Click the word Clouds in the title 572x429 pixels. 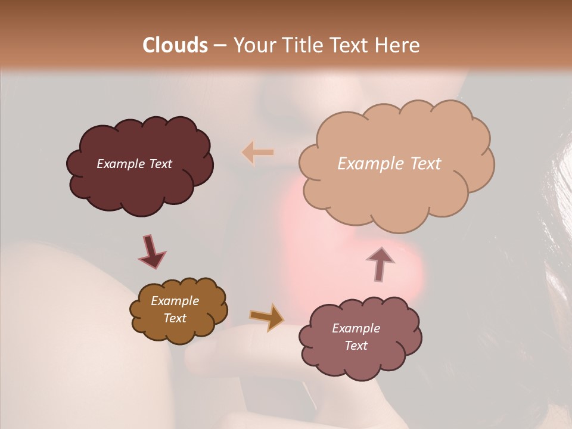click(x=175, y=45)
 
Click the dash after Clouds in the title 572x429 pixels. click(x=219, y=46)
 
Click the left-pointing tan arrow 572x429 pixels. click(x=258, y=153)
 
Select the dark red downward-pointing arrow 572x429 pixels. click(x=151, y=251)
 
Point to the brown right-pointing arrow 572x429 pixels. click(x=268, y=317)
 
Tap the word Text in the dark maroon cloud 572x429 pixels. click(x=160, y=164)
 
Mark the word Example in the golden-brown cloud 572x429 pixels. click(x=175, y=301)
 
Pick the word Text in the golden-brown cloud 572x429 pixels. click(x=175, y=318)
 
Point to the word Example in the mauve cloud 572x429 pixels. click(x=356, y=328)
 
